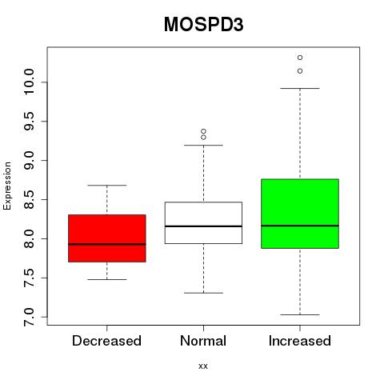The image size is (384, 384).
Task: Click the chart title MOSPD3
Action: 203,25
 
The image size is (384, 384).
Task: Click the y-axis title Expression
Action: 7,186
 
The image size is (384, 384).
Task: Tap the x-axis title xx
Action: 203,366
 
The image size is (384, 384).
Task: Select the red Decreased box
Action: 107,238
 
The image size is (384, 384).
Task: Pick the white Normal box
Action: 203,222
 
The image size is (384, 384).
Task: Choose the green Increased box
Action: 300,214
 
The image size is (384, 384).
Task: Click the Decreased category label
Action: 106,341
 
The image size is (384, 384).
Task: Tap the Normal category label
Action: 203,341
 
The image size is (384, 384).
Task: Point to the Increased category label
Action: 300,341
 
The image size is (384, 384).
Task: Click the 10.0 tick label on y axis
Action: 29,82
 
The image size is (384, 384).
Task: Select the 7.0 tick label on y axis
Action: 29,317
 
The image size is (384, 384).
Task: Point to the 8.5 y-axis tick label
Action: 29,199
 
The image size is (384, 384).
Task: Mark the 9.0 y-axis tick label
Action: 29,160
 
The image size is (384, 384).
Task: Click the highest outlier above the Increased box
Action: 300,58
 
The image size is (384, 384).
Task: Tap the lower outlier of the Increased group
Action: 300,71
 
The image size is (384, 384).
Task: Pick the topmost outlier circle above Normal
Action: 203,131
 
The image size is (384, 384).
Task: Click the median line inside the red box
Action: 107,244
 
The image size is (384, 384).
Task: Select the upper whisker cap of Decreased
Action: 107,185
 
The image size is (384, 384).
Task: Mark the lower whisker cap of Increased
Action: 300,314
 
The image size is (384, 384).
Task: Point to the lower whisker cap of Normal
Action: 203,293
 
